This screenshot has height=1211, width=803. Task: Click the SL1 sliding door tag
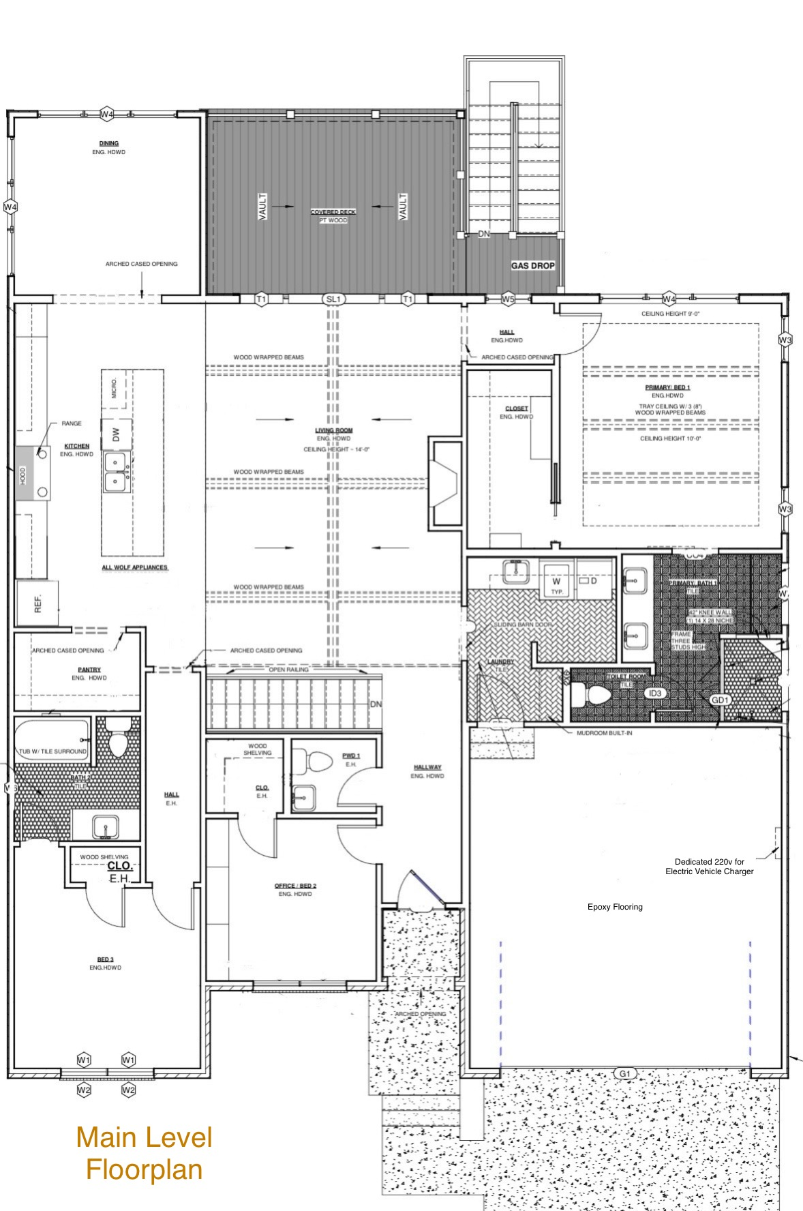(x=333, y=299)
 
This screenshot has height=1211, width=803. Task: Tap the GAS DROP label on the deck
(x=533, y=266)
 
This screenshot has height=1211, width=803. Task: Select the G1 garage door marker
(x=625, y=1073)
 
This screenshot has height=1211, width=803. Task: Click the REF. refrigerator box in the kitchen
(x=37, y=603)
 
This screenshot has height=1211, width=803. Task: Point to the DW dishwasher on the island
(x=116, y=434)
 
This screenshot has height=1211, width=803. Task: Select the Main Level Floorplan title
(x=144, y=1153)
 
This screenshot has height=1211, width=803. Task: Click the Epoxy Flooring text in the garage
(x=615, y=907)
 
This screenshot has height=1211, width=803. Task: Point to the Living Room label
(x=334, y=430)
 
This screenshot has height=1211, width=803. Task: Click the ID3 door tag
(x=654, y=693)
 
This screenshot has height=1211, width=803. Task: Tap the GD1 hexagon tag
(x=720, y=700)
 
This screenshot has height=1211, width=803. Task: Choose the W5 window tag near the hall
(x=508, y=299)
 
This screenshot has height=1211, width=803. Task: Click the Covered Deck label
(x=333, y=212)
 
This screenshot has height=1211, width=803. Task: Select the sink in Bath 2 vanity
(x=106, y=826)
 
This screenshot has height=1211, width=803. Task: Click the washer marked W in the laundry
(x=557, y=582)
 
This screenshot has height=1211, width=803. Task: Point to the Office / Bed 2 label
(x=295, y=886)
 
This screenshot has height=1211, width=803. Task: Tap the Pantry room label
(x=89, y=670)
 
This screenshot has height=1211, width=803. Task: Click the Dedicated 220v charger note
(x=709, y=867)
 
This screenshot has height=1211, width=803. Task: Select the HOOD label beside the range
(x=22, y=473)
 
